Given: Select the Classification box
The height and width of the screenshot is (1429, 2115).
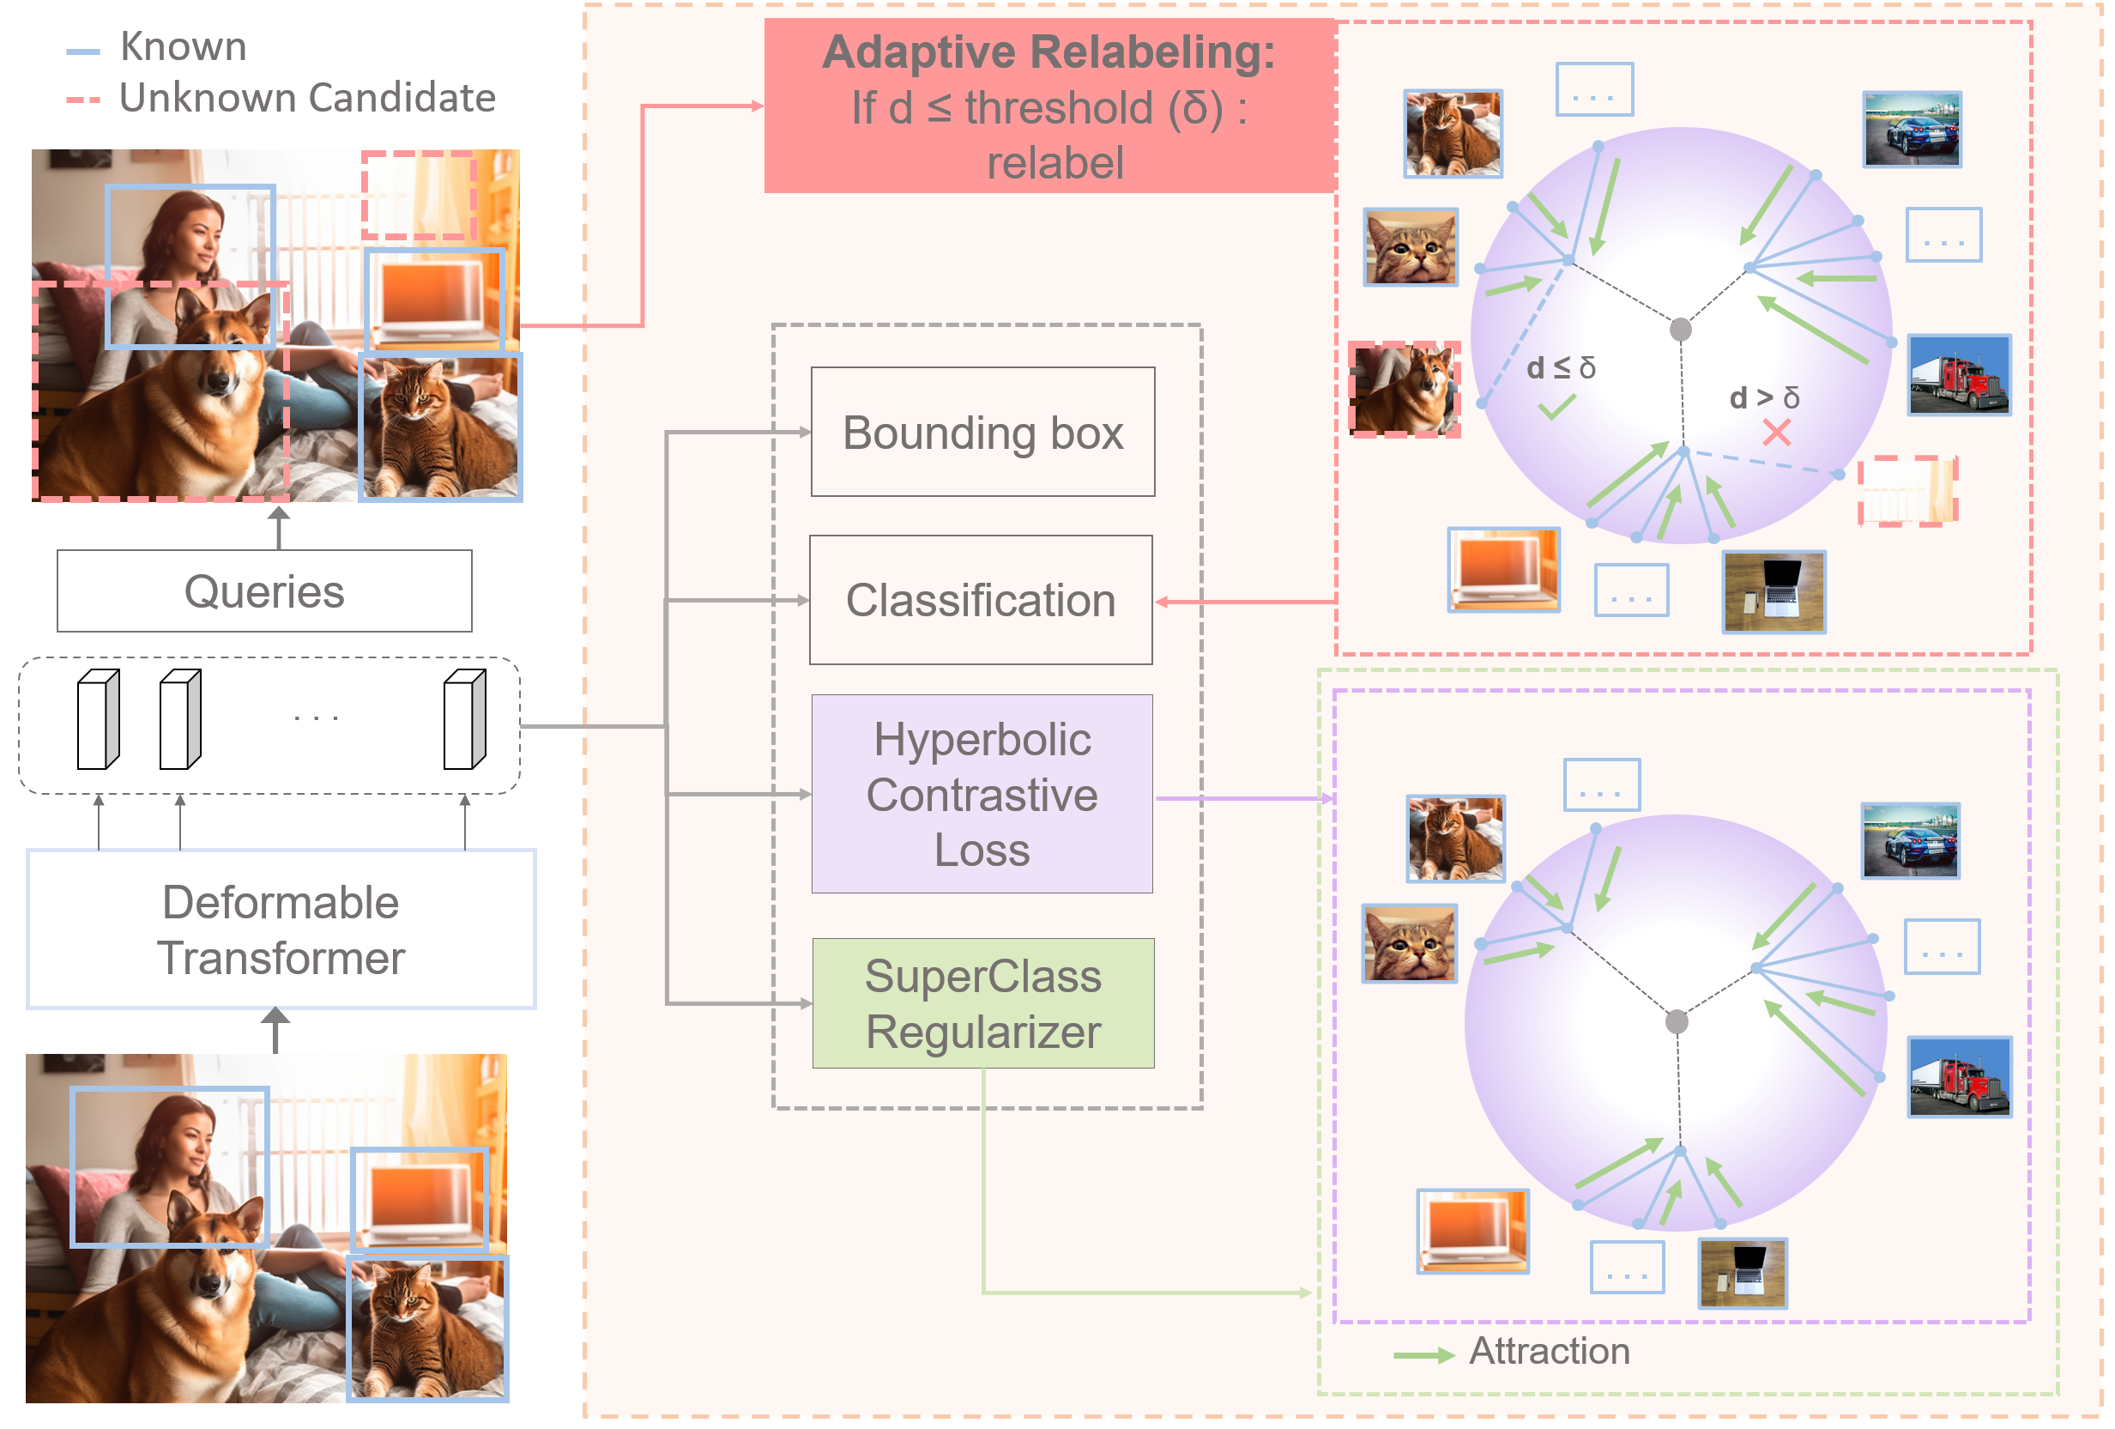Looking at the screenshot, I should [980, 600].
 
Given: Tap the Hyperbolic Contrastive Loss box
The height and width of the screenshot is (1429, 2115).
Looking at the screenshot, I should [981, 794].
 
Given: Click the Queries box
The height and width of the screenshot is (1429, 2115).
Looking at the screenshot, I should [264, 590].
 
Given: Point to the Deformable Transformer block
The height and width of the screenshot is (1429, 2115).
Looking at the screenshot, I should [281, 929].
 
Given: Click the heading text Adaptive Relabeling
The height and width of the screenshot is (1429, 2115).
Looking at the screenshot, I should [1048, 51].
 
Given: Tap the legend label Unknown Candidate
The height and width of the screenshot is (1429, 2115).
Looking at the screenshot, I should [308, 97].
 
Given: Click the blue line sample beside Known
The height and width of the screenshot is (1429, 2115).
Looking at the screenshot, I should [83, 51].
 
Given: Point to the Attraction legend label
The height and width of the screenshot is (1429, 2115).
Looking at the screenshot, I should [1549, 1351].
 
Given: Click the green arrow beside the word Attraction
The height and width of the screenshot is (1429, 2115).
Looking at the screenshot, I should [1423, 1356].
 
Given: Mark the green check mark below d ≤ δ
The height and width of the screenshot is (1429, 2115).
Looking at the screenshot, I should [1556, 407].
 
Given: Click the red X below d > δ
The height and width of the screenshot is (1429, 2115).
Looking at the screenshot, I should [1775, 433].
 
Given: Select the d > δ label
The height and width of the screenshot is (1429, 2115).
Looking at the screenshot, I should [1764, 397].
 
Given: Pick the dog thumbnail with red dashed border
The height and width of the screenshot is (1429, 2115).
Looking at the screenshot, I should [1405, 390].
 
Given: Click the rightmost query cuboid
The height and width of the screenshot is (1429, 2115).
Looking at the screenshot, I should [464, 719].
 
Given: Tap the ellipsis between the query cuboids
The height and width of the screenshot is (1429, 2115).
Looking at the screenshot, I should [316, 718].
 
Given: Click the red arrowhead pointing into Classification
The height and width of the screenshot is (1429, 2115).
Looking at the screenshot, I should [1162, 602].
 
